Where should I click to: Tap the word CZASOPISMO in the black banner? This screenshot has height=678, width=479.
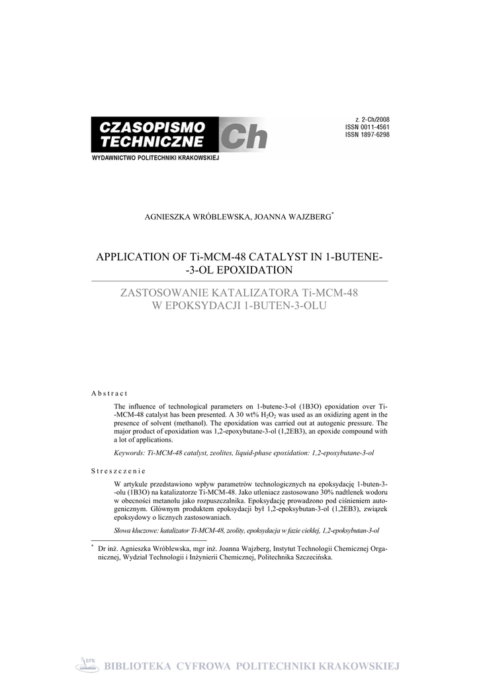click(153, 126)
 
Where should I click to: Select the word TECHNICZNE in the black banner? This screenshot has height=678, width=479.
click(152, 142)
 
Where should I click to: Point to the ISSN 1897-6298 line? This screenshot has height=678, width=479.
click(367, 134)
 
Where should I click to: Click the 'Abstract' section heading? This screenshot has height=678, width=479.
click(109, 394)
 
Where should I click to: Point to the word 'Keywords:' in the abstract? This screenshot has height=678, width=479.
click(130, 453)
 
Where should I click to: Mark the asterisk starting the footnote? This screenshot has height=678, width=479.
click(93, 547)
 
